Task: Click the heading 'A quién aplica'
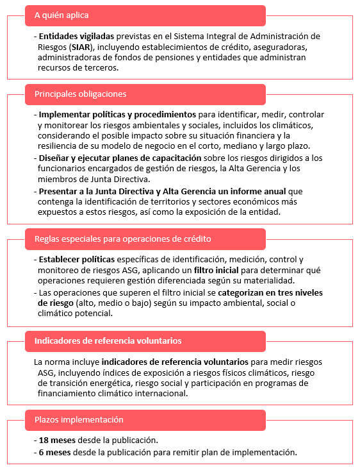[x=61, y=15]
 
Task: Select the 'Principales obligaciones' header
[x=80, y=94]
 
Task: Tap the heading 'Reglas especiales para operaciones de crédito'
[x=122, y=240]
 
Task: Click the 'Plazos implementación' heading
[x=78, y=420]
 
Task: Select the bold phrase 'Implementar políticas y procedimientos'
[x=117, y=115]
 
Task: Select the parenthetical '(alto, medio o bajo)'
[x=111, y=303]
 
